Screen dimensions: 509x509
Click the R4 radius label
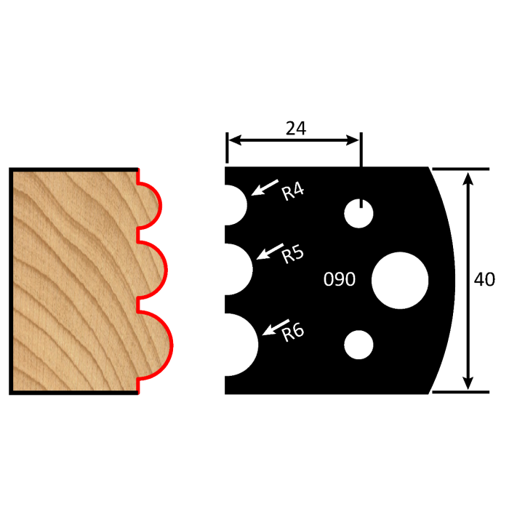pos(293,193)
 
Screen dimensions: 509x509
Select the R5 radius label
pos(292,254)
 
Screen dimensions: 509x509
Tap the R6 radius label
pos(292,333)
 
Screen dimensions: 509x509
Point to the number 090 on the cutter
pos(339,279)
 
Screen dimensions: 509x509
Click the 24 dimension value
pos(295,129)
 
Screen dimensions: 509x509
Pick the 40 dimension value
pos(484,280)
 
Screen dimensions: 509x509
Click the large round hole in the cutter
pos(400,280)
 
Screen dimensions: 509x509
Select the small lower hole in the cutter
pos(359,345)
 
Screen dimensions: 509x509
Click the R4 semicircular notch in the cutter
pos(234,204)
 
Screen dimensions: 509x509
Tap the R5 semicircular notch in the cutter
pos(237,270)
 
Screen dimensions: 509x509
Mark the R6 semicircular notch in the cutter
pos(240,345)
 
